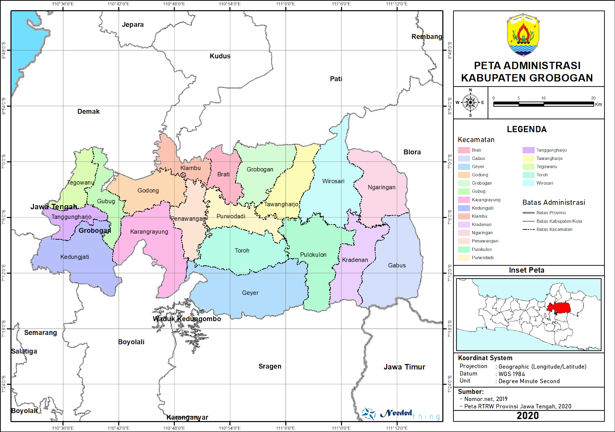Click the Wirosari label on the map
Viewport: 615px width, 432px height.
(x=333, y=181)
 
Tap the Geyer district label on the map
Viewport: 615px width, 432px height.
(x=250, y=293)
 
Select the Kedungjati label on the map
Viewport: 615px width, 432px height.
(x=74, y=257)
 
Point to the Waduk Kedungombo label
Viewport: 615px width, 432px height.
(x=187, y=319)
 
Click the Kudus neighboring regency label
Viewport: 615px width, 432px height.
(x=220, y=56)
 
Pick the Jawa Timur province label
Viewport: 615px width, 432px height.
(x=404, y=367)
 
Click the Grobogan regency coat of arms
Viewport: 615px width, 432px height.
(x=523, y=35)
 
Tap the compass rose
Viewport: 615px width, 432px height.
(x=470, y=103)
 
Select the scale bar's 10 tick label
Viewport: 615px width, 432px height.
(x=543, y=98)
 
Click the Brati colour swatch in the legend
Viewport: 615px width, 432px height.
(x=464, y=150)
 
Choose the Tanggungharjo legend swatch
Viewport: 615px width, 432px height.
(x=529, y=150)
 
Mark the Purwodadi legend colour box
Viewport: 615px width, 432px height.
(x=464, y=258)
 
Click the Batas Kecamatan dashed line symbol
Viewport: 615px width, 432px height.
(x=529, y=229)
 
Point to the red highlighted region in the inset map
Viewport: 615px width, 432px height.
(x=559, y=308)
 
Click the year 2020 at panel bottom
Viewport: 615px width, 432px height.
(x=528, y=415)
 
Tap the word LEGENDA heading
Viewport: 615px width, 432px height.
(x=526, y=129)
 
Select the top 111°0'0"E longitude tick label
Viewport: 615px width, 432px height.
(x=285, y=4)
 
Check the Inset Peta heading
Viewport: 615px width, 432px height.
(x=526, y=270)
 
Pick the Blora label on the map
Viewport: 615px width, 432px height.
(x=412, y=152)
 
